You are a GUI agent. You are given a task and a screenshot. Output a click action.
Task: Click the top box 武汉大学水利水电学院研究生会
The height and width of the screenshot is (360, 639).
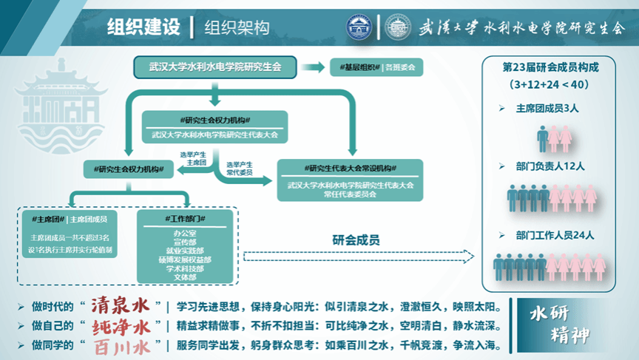(x=216, y=67)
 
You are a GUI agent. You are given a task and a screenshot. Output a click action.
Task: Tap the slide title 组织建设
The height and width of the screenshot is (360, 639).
(x=143, y=28)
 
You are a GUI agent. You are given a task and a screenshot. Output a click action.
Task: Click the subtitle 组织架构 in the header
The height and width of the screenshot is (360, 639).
(x=238, y=28)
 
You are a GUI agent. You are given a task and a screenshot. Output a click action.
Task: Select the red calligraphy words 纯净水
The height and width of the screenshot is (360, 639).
(x=121, y=326)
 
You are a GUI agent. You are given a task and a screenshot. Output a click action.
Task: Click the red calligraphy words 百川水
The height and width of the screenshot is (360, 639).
(x=121, y=345)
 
